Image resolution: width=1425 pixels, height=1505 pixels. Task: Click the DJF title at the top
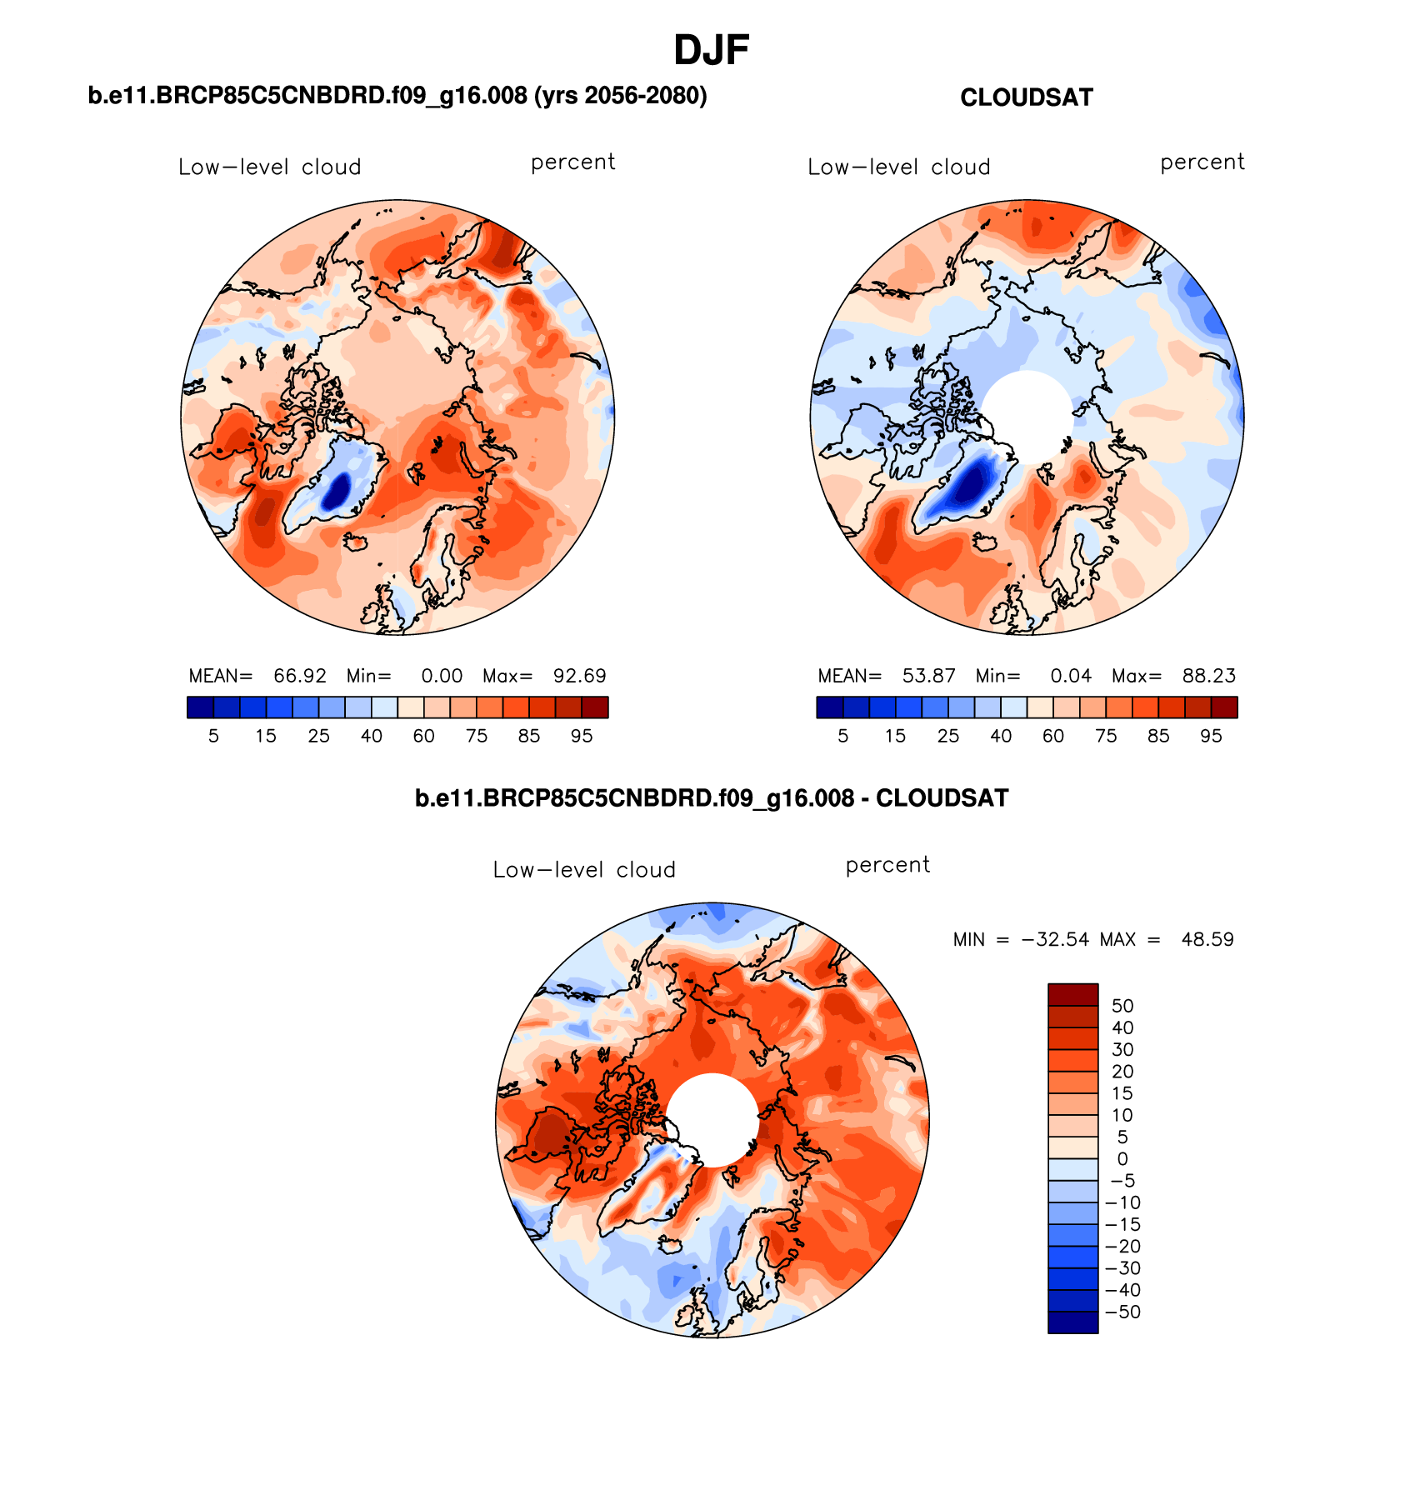tap(711, 51)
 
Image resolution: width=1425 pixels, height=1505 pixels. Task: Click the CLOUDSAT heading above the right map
tap(1026, 97)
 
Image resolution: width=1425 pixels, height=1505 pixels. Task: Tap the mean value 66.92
tap(300, 676)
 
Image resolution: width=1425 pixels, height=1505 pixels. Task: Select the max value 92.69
tap(580, 676)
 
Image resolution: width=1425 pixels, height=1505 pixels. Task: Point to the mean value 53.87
tap(929, 676)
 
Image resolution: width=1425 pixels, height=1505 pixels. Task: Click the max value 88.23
tap(1209, 676)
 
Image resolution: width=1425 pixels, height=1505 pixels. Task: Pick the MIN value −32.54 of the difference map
tap(1054, 939)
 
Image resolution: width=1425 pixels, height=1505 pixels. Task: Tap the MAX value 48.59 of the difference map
tap(1207, 939)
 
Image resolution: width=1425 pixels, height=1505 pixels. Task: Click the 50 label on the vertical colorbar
tap(1122, 1006)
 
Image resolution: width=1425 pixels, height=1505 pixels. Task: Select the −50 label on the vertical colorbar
tap(1122, 1312)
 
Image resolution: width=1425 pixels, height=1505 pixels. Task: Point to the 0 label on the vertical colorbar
tap(1122, 1159)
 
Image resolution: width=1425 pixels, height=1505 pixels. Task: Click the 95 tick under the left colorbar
tap(582, 736)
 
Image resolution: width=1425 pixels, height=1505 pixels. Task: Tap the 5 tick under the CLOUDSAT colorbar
tap(842, 736)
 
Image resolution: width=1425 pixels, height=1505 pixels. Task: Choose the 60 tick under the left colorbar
tap(424, 736)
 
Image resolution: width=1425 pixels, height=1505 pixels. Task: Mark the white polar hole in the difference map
tap(712, 1119)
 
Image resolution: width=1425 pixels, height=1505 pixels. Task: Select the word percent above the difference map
tap(887, 865)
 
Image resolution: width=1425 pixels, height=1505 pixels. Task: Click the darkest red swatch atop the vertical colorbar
tap(1072, 994)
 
